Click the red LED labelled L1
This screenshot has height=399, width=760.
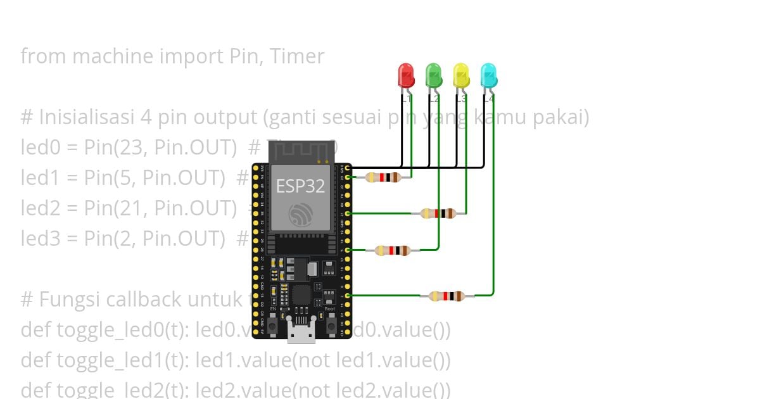[405, 76]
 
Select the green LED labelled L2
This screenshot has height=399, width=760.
[433, 76]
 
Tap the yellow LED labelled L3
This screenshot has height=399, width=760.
[461, 76]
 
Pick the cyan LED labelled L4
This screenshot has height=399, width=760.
[488, 76]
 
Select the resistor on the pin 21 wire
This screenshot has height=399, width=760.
[439, 213]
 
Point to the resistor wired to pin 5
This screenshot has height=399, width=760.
[393, 250]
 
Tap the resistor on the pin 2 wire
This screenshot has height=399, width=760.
[446, 296]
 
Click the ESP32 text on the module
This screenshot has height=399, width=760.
[300, 186]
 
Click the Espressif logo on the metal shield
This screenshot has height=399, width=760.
[300, 215]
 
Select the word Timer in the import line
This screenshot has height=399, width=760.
[296, 56]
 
